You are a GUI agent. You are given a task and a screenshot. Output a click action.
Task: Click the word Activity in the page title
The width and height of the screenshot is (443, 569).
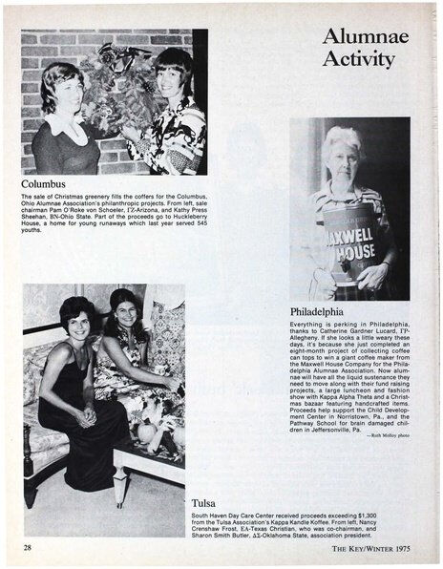[x=358, y=60]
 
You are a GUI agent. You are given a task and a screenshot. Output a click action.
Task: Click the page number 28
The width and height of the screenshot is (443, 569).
[x=30, y=548]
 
